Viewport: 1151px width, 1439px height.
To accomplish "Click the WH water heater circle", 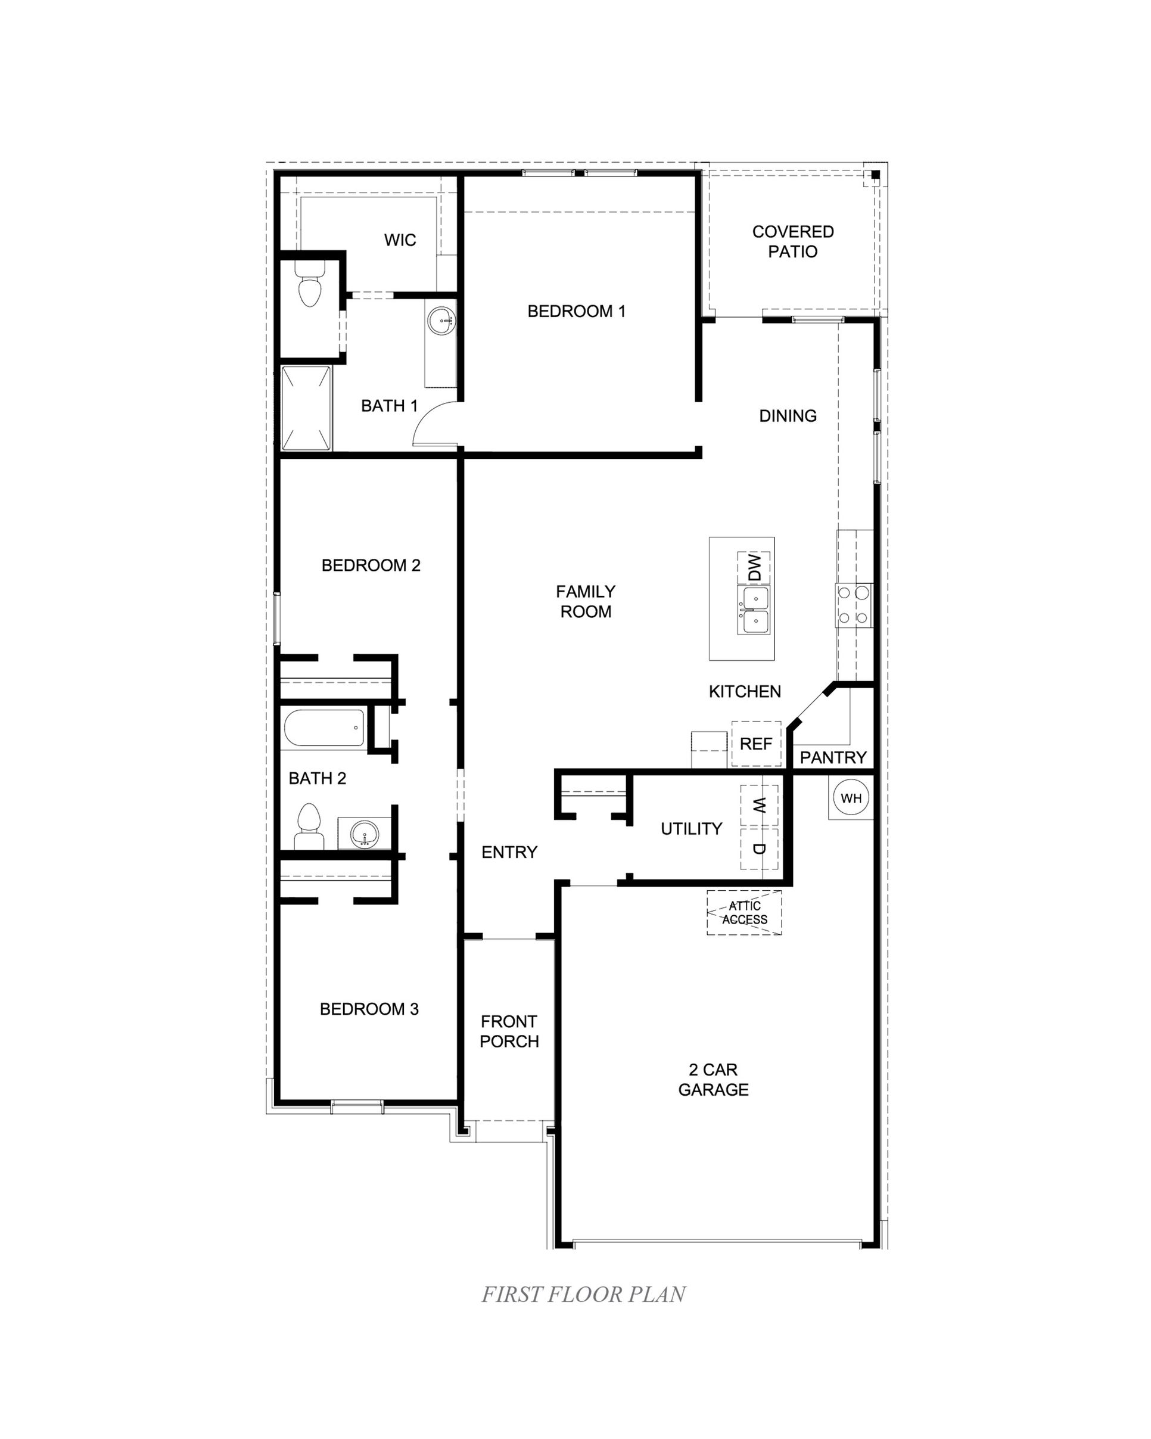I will [x=851, y=798].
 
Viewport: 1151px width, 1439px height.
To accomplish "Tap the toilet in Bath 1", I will [x=310, y=285].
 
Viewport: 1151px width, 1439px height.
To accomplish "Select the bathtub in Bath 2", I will [x=324, y=728].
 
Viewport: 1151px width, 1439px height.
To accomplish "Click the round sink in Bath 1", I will [x=440, y=321].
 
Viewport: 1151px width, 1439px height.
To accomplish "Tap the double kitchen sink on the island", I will [x=753, y=611].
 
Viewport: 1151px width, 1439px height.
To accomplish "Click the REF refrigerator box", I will [x=756, y=744].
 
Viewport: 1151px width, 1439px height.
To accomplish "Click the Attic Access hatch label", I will [x=744, y=912].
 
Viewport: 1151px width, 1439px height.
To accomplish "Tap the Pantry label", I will [x=833, y=757].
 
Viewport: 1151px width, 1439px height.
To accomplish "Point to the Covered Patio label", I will [x=793, y=241].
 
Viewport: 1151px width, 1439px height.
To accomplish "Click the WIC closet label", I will [x=400, y=240].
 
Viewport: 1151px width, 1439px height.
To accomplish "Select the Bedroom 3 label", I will [x=369, y=1009].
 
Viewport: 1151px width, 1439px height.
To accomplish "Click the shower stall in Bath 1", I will [x=306, y=408].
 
